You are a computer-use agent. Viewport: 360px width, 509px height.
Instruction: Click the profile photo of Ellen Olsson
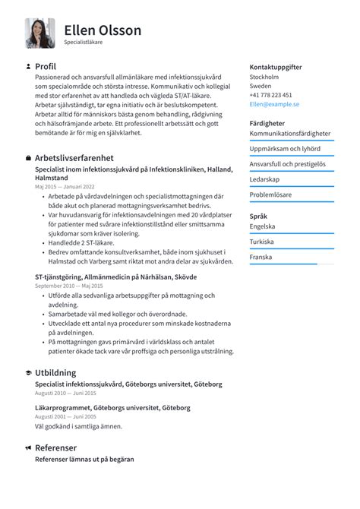[x=39, y=33]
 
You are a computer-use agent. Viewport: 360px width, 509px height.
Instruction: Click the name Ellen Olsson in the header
[x=103, y=30]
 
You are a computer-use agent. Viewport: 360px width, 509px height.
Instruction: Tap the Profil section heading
[x=46, y=67]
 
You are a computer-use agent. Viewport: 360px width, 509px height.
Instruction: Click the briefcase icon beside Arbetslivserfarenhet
[x=28, y=158]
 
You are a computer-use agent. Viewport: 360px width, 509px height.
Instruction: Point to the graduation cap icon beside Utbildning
[x=28, y=374]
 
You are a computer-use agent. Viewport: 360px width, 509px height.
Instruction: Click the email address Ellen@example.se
[x=274, y=104]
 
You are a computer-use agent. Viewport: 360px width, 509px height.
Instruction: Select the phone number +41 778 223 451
[x=270, y=95]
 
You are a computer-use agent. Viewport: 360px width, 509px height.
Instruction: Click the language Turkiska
[x=262, y=242]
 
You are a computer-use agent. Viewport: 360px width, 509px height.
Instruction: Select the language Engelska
[x=263, y=226]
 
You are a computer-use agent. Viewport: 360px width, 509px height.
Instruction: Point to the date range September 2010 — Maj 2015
[x=70, y=286]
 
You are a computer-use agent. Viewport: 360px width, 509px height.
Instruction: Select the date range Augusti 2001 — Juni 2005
[x=65, y=417]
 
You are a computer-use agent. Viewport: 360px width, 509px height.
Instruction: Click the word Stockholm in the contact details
[x=264, y=77]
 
